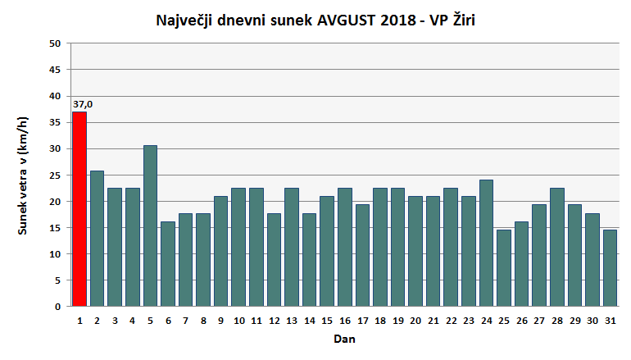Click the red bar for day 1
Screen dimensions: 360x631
(79, 209)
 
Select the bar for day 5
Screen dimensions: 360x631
(150, 226)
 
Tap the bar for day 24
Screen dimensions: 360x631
(485, 243)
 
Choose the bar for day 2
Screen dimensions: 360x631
(97, 239)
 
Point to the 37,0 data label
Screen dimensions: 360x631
(83, 104)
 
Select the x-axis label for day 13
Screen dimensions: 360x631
(291, 321)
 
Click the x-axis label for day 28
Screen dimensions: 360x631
(556, 321)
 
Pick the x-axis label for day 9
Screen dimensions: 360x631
(220, 321)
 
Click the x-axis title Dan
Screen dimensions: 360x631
(344, 338)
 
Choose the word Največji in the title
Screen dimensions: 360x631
(182, 21)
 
